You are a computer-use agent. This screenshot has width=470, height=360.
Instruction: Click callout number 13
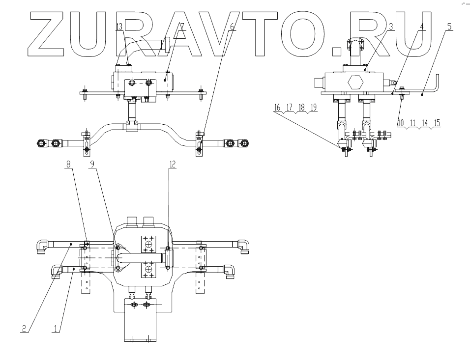pos(119,27)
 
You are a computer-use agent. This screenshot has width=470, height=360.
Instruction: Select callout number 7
pos(182,27)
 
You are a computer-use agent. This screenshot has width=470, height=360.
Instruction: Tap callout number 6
pos(232,27)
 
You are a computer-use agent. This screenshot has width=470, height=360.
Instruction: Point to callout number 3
pos(391,27)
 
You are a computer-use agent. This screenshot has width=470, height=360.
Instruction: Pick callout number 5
pos(449,27)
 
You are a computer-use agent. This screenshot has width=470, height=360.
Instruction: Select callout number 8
pos(69,165)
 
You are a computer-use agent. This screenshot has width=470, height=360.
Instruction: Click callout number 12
pos(172,165)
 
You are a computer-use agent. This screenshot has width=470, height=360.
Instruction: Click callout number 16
pos(277,108)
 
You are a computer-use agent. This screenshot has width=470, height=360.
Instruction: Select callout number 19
pos(313,108)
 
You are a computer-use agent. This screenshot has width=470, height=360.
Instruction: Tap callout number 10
pos(401,123)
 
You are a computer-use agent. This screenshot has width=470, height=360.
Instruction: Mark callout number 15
pos(437,123)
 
